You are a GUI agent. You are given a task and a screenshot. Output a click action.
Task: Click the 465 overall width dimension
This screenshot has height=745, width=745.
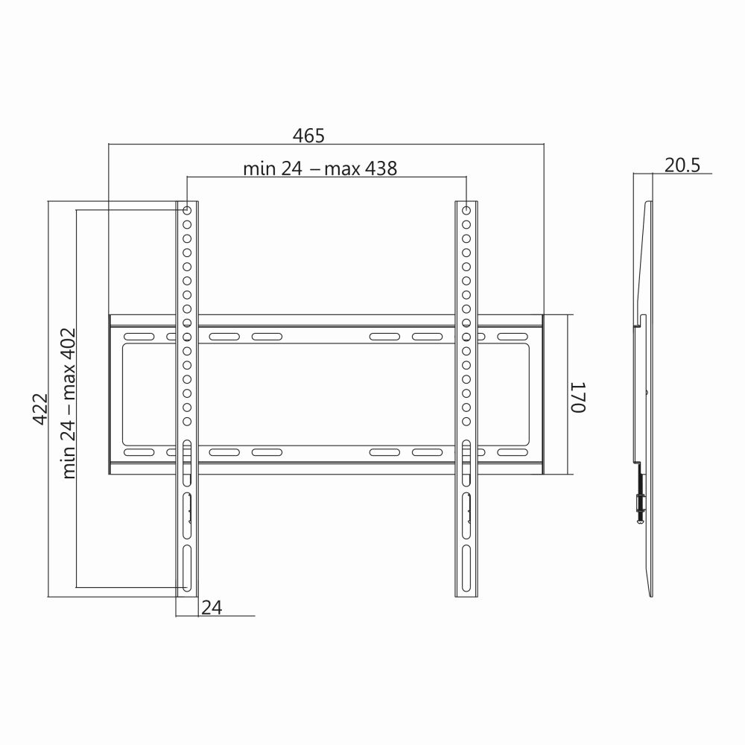(308, 136)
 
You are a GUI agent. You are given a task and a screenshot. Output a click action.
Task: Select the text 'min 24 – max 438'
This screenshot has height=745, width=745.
(320, 168)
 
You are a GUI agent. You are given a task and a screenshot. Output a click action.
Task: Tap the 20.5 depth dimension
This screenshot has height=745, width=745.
(682, 165)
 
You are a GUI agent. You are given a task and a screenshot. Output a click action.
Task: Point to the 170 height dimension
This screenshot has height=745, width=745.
(580, 397)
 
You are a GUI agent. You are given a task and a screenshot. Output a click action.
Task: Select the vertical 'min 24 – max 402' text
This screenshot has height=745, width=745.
(69, 403)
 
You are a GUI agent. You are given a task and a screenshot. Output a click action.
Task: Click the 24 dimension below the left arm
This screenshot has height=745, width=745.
(212, 608)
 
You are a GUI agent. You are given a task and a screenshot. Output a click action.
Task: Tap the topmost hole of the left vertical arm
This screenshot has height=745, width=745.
(187, 211)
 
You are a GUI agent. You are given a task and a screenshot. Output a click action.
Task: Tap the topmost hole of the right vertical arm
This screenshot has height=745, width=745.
(466, 211)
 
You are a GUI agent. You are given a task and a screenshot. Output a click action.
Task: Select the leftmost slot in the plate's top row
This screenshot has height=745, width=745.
(139, 337)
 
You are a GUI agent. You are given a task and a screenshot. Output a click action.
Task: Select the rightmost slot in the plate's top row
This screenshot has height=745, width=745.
(511, 337)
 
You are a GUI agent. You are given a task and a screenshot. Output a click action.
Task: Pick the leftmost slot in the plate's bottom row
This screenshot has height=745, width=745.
(139, 452)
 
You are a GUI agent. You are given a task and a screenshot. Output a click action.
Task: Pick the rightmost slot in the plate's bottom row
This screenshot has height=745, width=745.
(511, 452)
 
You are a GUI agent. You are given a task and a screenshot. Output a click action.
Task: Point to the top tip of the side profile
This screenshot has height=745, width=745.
(649, 203)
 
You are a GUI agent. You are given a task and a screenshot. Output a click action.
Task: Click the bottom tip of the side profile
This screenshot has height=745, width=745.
(653, 595)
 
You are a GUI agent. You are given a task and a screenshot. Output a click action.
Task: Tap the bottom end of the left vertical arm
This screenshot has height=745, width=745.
(187, 595)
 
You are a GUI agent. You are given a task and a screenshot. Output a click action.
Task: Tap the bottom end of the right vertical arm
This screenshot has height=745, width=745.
(466, 595)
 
